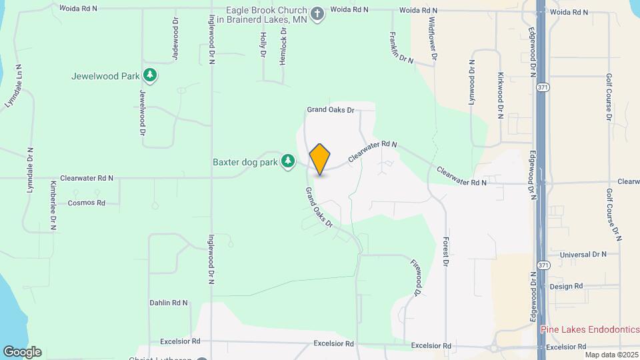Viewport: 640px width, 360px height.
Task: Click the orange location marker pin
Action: pos(320,159)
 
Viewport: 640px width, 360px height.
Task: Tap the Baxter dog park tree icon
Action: pos(288,161)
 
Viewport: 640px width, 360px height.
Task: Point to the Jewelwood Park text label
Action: pos(105,76)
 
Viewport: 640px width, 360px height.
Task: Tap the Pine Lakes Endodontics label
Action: pos(589,329)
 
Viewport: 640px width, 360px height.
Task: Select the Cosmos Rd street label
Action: pos(87,203)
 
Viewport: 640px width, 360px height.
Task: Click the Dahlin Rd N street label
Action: pos(169,303)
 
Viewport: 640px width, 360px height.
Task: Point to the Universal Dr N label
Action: pos(583,255)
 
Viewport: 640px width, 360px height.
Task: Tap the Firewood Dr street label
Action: pos(417,278)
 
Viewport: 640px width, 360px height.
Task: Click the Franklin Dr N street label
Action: pos(402,47)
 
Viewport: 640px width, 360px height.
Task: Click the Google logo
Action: pos(22,351)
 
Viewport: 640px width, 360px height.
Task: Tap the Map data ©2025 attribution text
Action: pos(611,354)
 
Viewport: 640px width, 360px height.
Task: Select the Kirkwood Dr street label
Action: pos(500,95)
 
